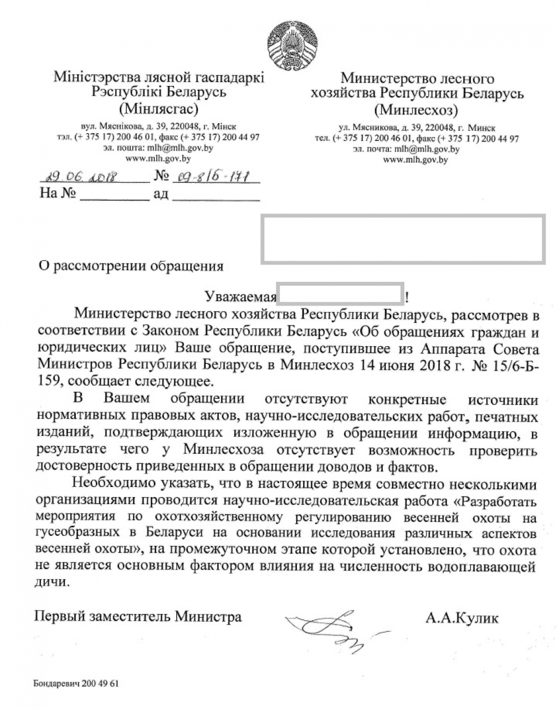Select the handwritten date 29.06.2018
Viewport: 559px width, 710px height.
78,177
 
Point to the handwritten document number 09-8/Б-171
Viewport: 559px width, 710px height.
210,177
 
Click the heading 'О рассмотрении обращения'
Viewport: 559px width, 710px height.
130,267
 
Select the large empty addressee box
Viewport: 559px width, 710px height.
403,239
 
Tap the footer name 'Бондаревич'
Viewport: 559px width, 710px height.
56,683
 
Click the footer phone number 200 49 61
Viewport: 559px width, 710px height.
100,683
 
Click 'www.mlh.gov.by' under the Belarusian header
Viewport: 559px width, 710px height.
158,159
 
